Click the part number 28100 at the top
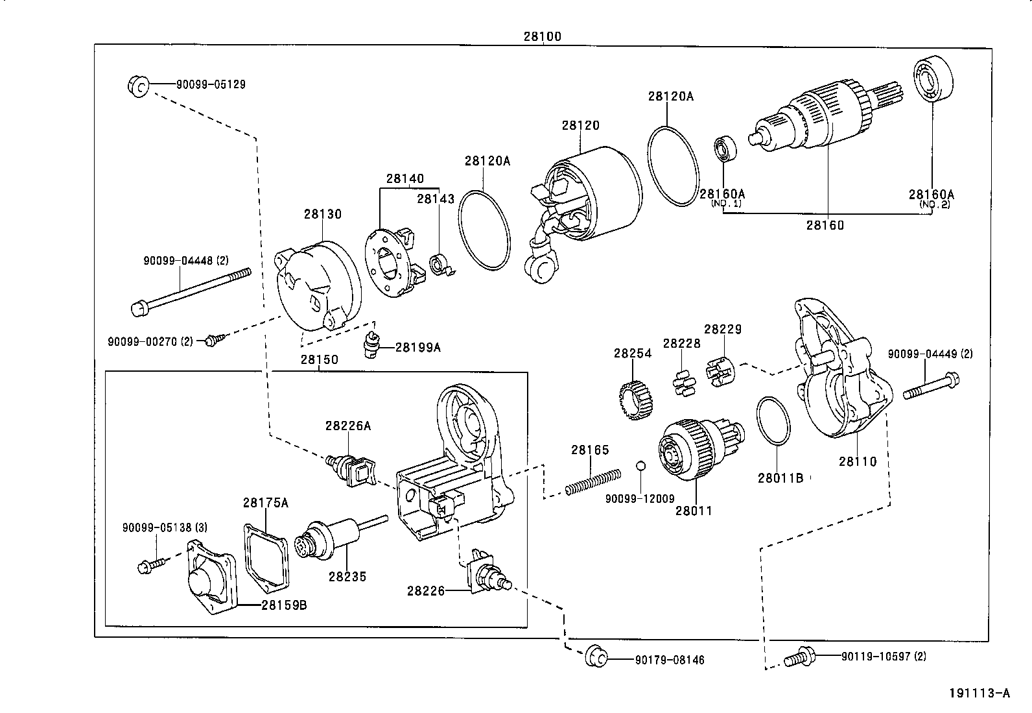(x=542, y=36)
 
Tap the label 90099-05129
(x=211, y=84)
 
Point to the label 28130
(x=322, y=213)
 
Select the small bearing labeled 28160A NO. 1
(x=724, y=149)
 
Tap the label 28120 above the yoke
(x=580, y=125)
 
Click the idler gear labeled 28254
(x=635, y=400)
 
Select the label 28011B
(x=780, y=478)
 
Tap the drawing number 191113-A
(x=979, y=693)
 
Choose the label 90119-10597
(x=884, y=657)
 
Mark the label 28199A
(x=417, y=347)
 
